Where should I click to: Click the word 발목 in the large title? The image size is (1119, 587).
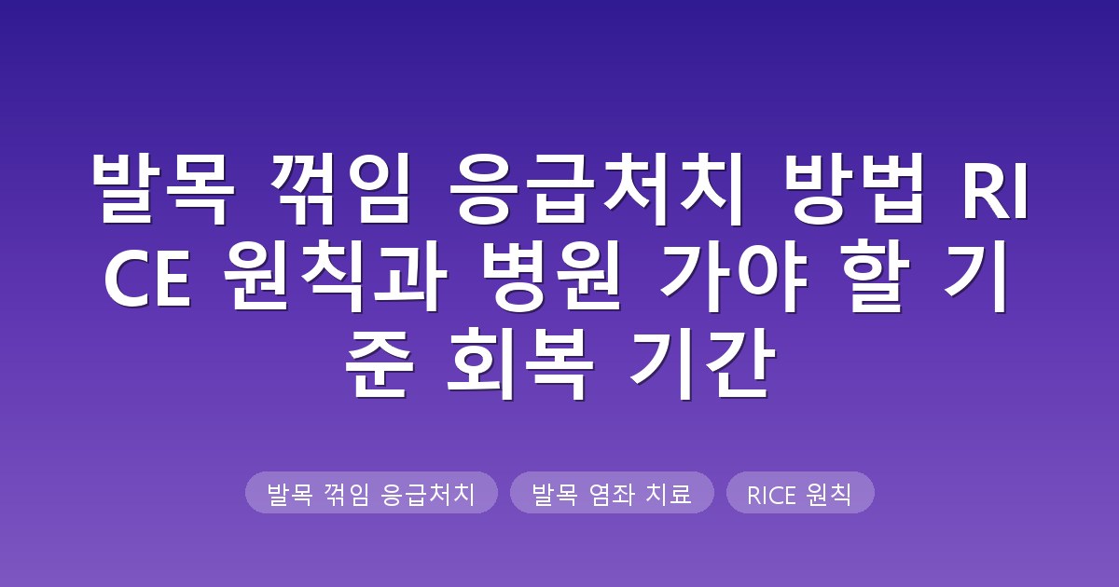click(163, 189)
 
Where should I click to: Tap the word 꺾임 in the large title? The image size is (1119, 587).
click(340, 189)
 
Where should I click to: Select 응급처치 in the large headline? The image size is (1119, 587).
click(592, 189)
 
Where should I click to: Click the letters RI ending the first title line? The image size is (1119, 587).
click(995, 190)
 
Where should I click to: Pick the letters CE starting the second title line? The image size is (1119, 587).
click(148, 278)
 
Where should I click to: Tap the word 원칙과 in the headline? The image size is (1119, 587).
click(335, 276)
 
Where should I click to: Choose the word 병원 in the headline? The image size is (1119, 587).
click(553, 276)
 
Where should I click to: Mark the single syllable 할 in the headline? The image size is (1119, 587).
click(879, 276)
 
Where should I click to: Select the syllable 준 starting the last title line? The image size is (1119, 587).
click(380, 363)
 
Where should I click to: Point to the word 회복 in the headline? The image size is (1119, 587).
click(520, 363)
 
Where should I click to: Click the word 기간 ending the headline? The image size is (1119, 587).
click(703, 363)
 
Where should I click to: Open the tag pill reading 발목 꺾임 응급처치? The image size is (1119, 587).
click(371, 493)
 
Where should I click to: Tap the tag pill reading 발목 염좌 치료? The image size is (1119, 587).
click(612, 493)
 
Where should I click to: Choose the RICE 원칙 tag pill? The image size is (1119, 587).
click(800, 493)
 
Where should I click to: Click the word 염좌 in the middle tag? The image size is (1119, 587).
click(612, 494)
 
